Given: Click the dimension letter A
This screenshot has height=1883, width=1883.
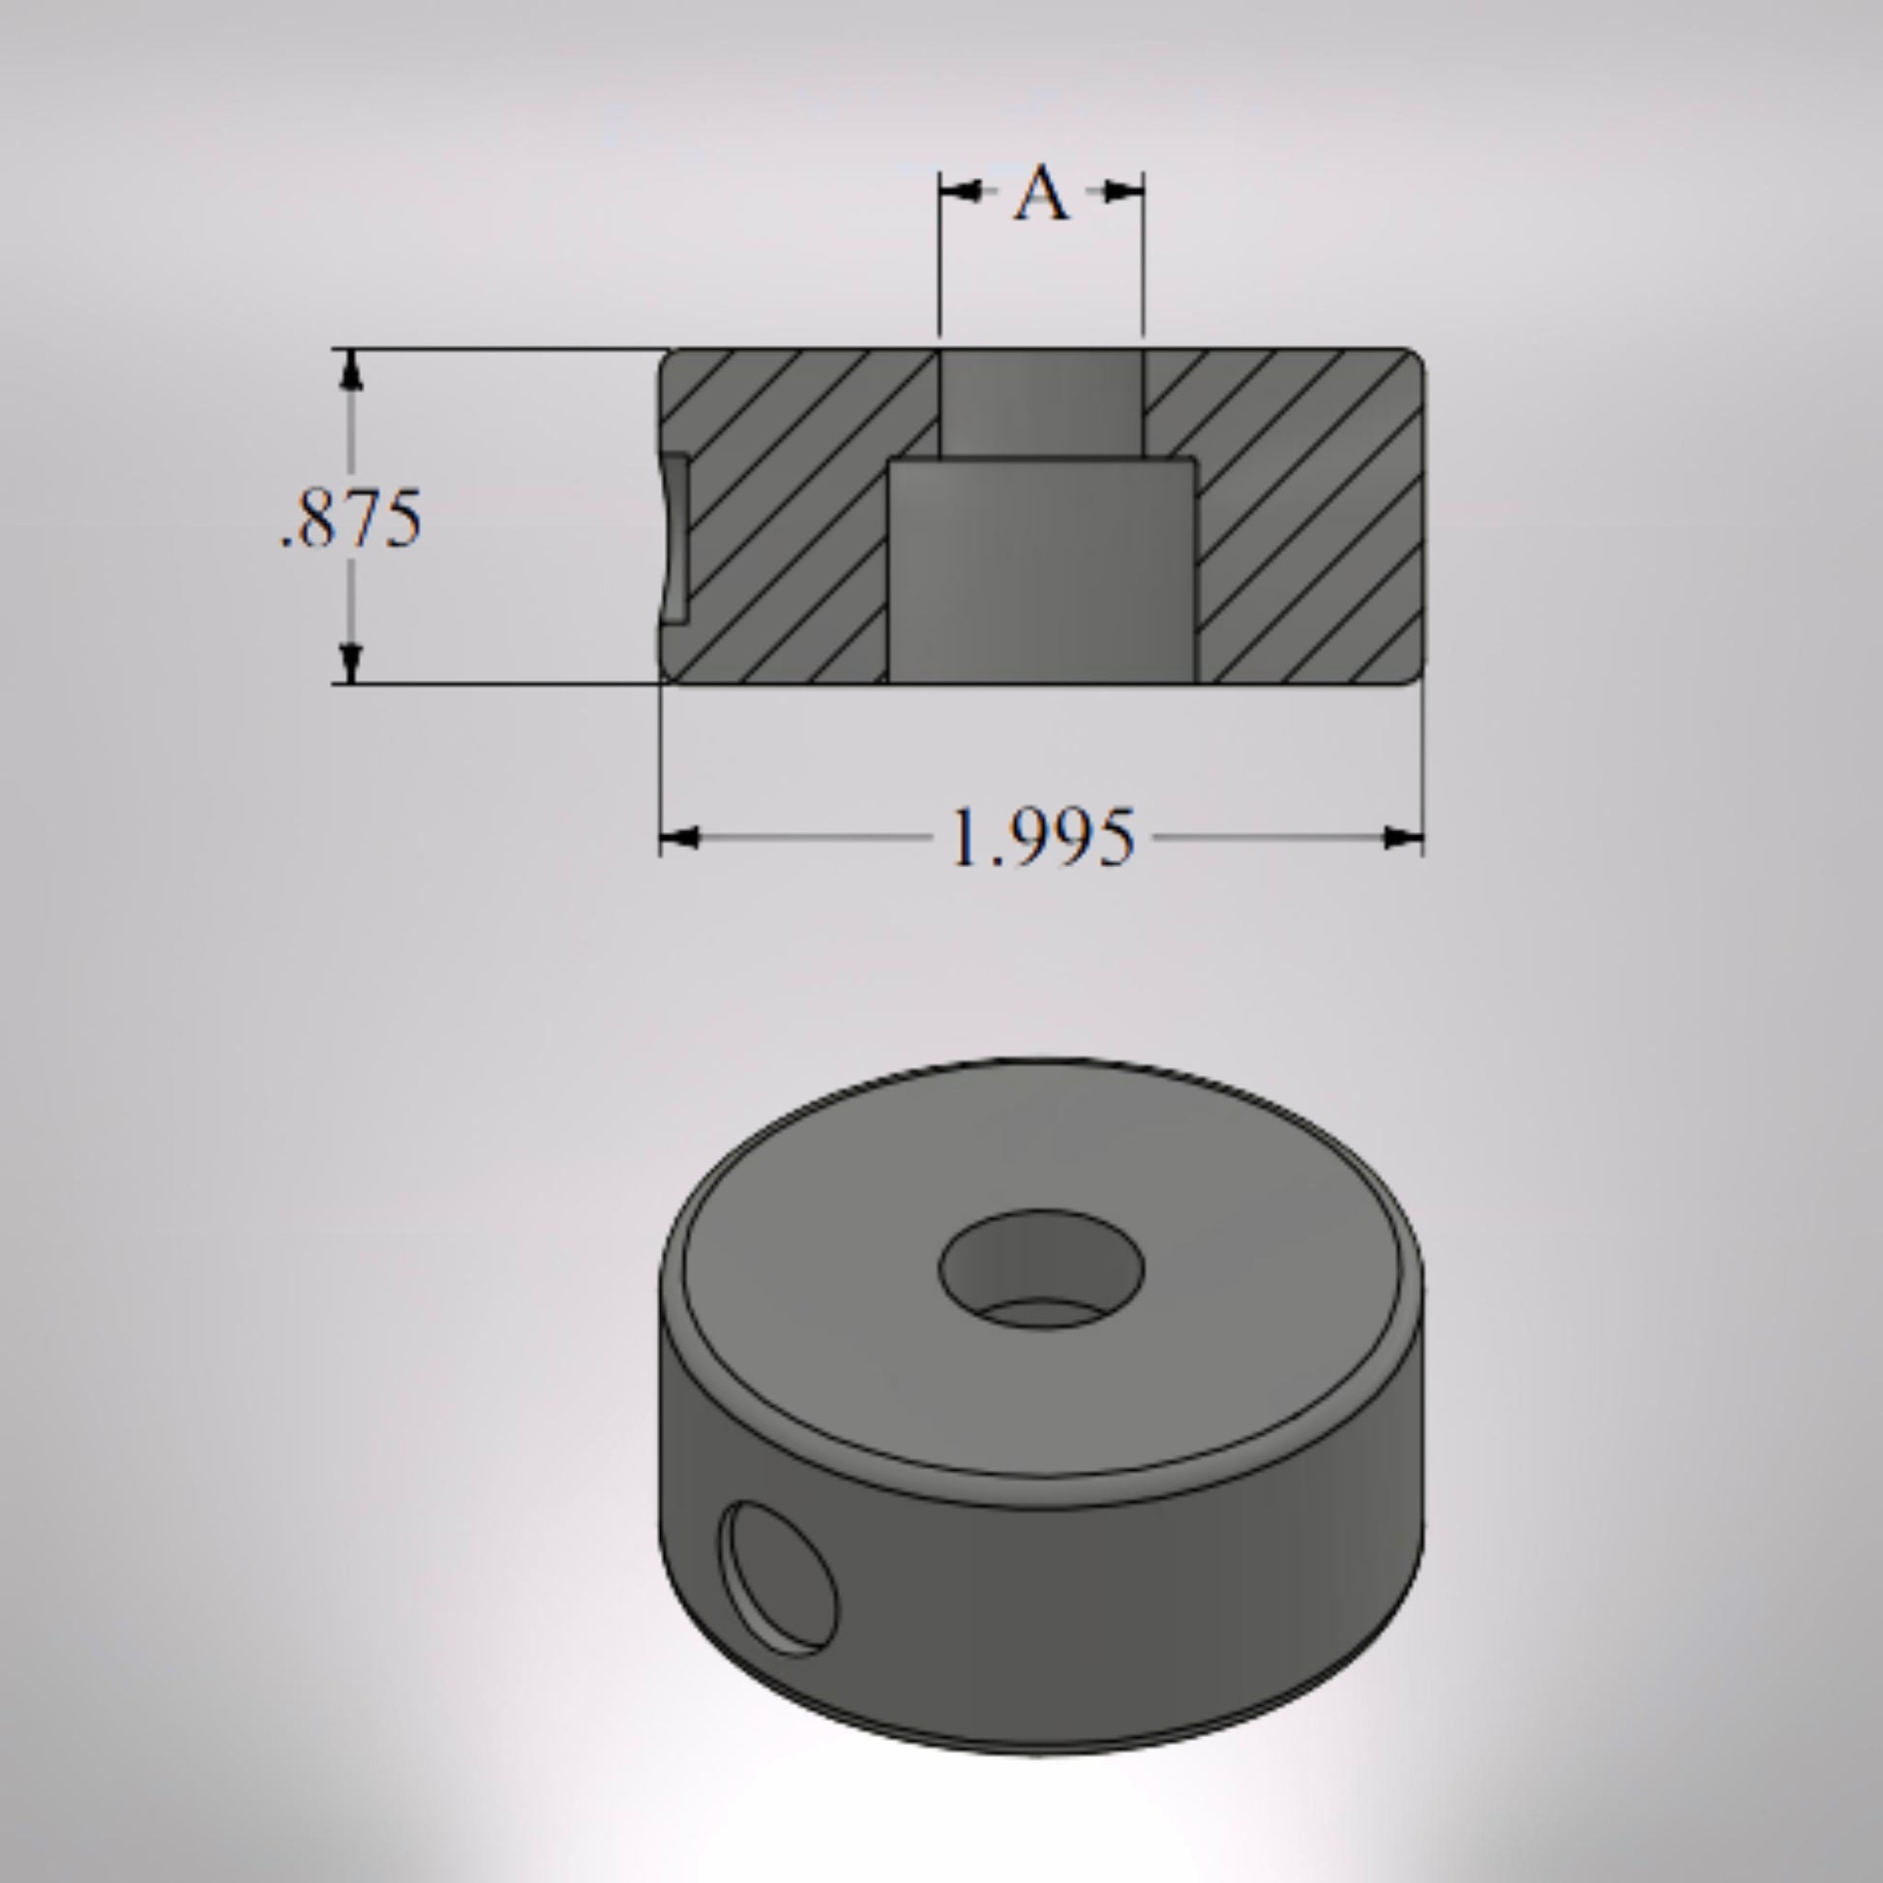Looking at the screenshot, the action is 1041,192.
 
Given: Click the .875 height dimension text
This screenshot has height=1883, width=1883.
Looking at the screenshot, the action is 351,518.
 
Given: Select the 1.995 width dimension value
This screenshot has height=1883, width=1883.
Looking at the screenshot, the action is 1042,837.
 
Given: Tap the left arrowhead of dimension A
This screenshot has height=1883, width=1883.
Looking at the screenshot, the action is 960,191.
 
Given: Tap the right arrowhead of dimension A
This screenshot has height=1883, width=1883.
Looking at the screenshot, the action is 1122,191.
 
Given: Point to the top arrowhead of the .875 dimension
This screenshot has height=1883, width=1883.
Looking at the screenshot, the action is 352,370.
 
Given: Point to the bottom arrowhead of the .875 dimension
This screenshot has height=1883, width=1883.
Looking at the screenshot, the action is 352,663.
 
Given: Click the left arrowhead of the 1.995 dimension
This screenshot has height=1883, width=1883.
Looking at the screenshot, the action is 679,837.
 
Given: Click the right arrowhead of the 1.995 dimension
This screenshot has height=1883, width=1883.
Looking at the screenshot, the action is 1403,837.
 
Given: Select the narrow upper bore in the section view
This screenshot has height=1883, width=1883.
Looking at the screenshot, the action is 1041,403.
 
